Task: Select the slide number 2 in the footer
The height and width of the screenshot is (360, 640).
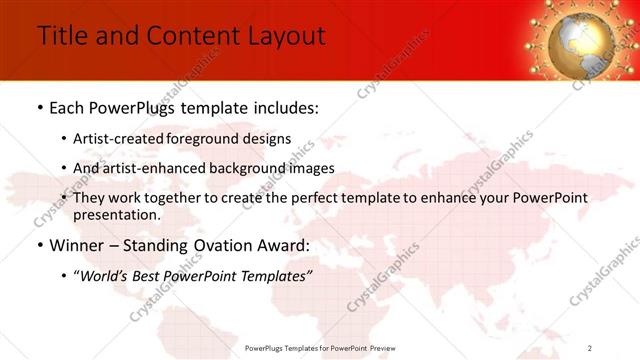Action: coord(590,348)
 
